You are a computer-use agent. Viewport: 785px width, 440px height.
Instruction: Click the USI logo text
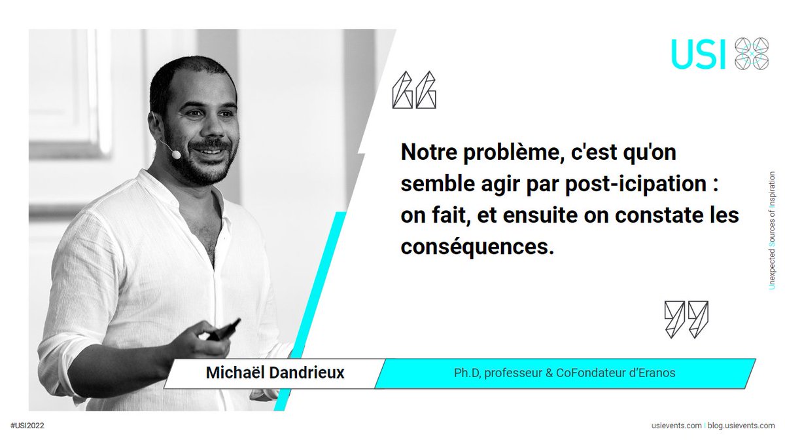tap(699, 54)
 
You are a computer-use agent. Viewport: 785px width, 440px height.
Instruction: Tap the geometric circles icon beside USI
tap(752, 54)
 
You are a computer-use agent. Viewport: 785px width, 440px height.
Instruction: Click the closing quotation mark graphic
tap(686, 320)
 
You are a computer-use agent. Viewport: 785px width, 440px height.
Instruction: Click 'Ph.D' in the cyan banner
tap(466, 373)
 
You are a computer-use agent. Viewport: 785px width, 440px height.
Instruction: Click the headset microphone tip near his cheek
tap(175, 154)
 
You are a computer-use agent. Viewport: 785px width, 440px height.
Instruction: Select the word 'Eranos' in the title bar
tap(657, 373)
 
